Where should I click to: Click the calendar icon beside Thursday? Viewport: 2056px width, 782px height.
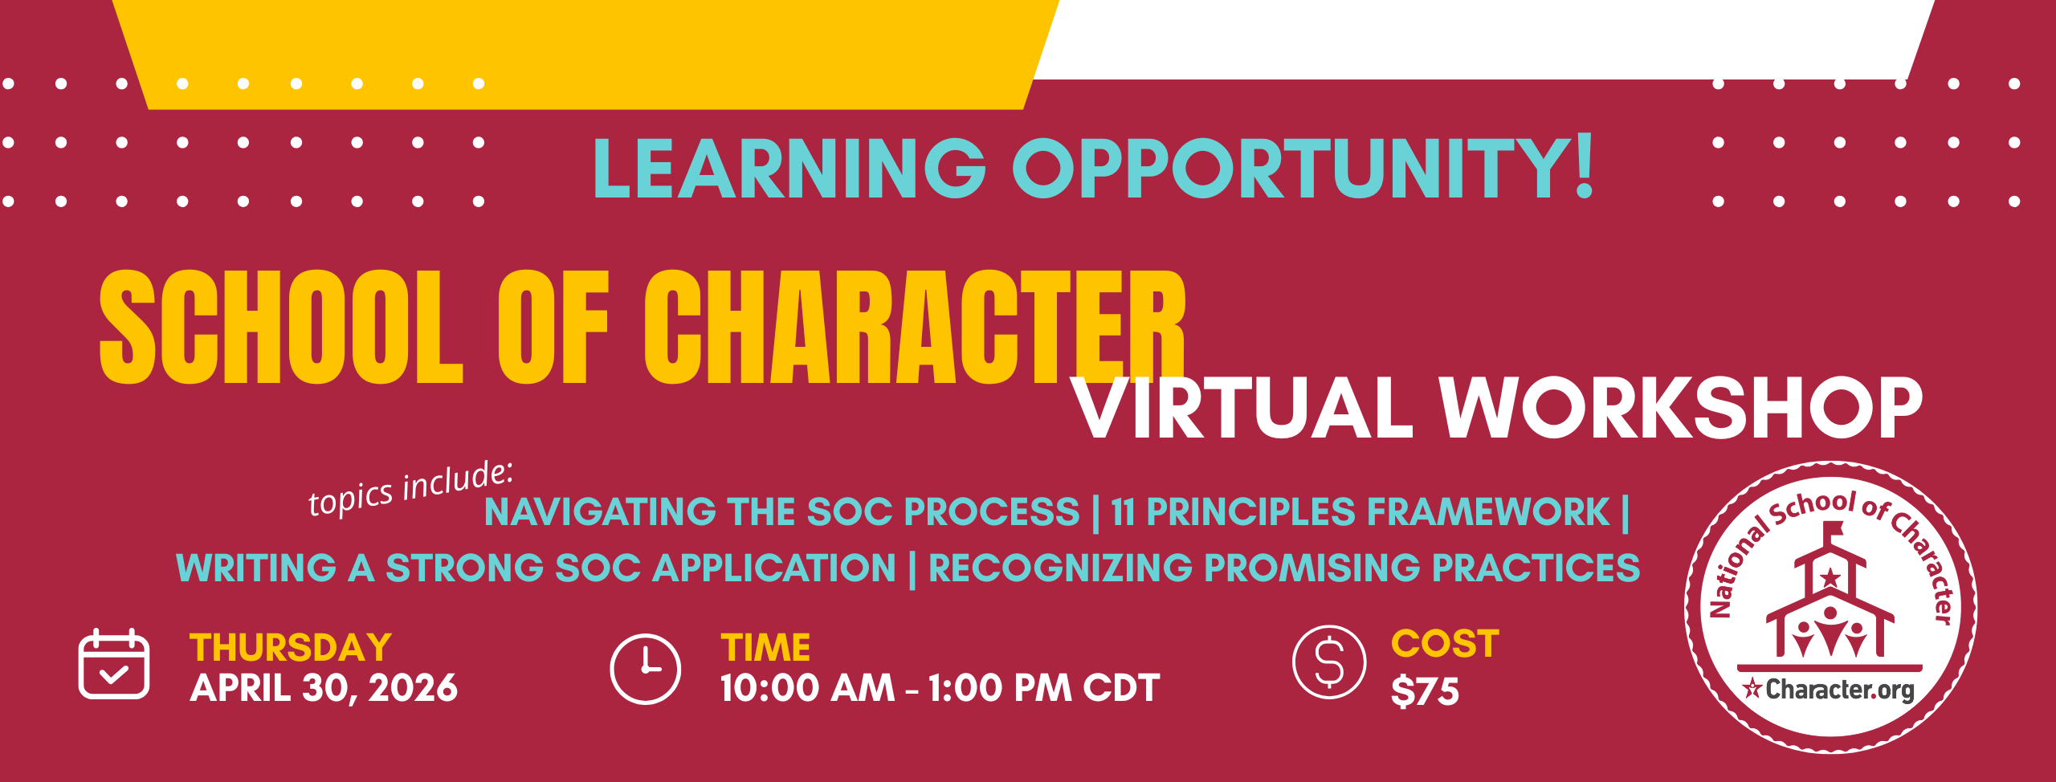pos(113,664)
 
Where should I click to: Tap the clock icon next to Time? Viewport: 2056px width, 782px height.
pos(645,669)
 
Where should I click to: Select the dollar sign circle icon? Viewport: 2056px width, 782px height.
pos(1329,662)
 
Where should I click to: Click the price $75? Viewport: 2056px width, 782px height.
pos(1425,691)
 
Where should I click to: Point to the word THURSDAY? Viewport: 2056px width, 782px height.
pos(291,648)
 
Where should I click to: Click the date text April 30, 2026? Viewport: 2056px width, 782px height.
pos(324,688)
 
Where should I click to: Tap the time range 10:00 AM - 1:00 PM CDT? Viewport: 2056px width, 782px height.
pos(940,688)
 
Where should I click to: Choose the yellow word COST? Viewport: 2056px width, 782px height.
pos(1445,644)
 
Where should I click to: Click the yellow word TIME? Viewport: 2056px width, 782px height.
pos(765,648)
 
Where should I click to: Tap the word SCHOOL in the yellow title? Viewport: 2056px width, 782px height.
pos(281,328)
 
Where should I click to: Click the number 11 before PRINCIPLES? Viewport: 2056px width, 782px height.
pos(1124,512)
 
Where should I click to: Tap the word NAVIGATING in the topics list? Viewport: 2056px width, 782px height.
pos(599,512)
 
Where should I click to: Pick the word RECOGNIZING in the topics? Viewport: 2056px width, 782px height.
pos(1060,568)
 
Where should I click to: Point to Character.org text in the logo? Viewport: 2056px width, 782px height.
pos(1839,690)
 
